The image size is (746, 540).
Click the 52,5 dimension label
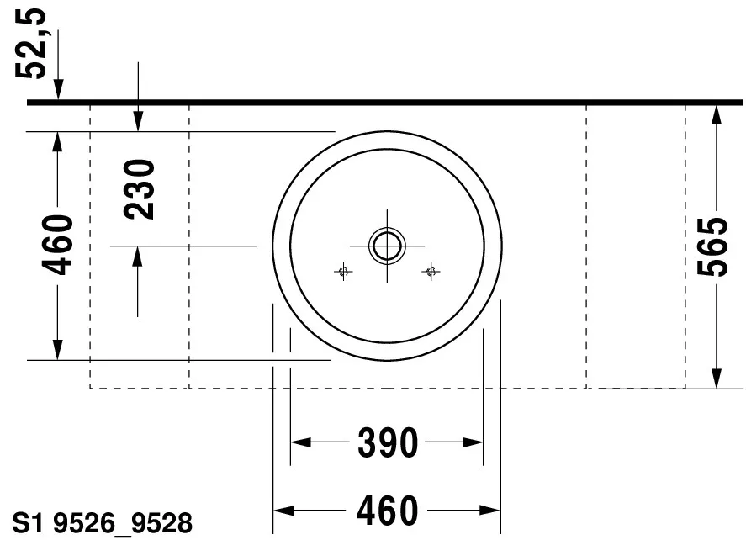point(31,43)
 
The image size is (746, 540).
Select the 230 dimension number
point(139,189)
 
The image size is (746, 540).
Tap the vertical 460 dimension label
point(57,245)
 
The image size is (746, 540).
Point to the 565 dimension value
point(712,246)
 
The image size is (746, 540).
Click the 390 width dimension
point(388,443)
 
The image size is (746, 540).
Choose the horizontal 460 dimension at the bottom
point(388,511)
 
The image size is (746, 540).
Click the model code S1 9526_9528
point(103,523)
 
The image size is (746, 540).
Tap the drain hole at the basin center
point(387,246)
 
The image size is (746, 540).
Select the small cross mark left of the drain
point(343,272)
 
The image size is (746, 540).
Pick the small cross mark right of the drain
point(431,272)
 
